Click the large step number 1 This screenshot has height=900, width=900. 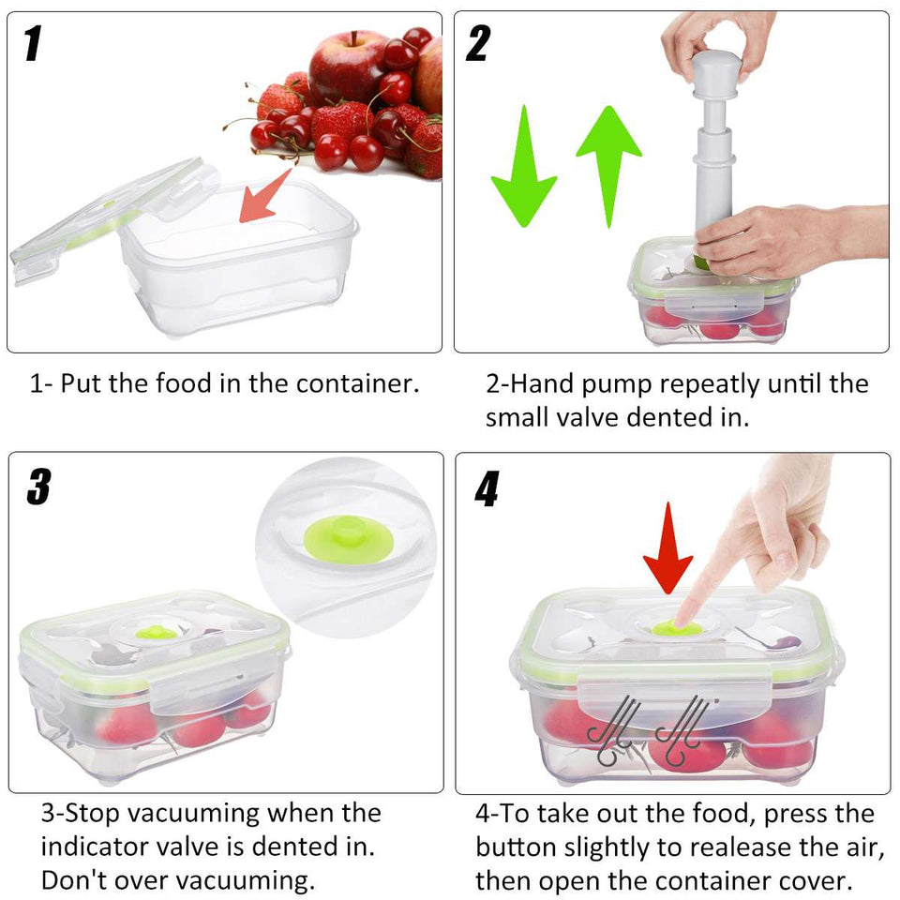click(34, 43)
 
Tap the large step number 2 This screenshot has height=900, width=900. click(478, 43)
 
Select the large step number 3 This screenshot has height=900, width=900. click(39, 487)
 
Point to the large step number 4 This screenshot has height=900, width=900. click(487, 489)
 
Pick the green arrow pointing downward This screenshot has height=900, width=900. click(523, 167)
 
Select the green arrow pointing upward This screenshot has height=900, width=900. click(609, 167)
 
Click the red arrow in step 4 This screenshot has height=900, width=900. click(668, 548)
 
